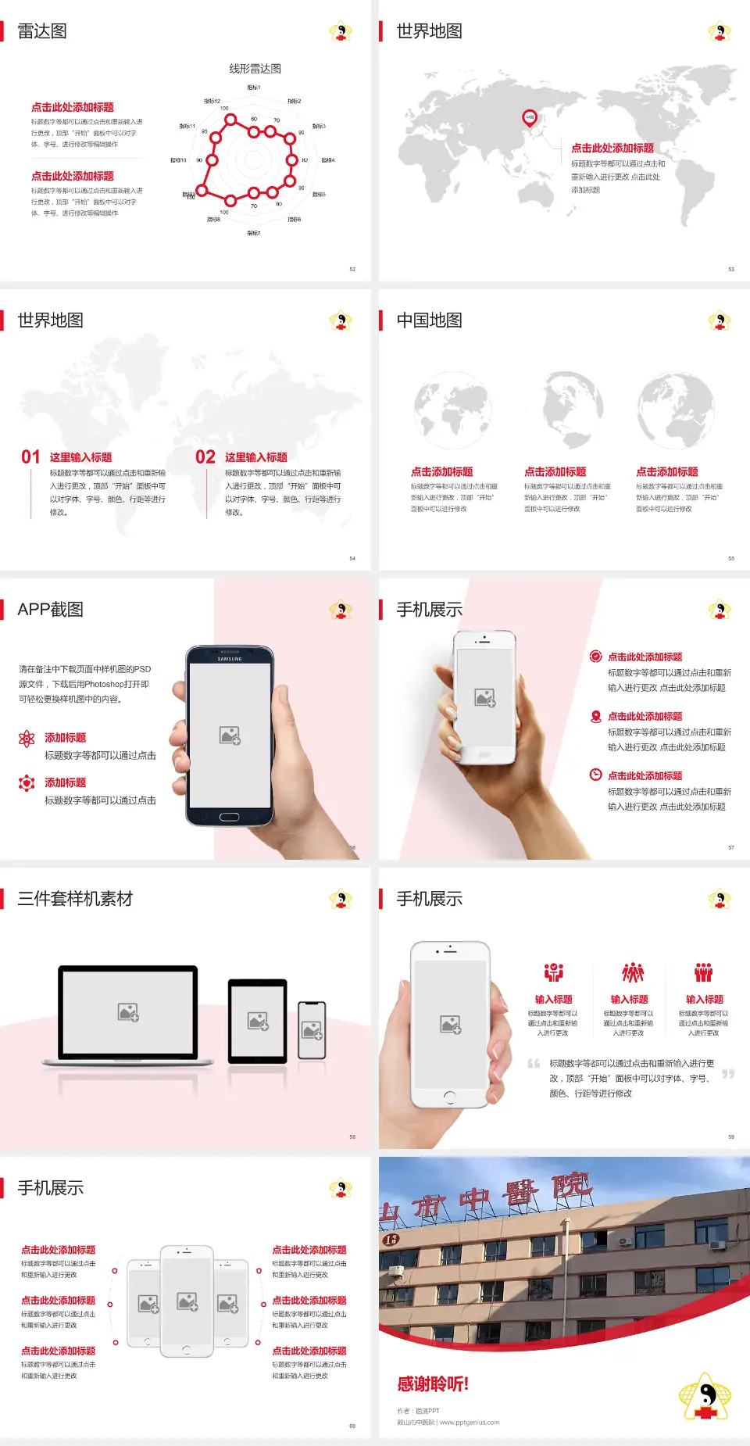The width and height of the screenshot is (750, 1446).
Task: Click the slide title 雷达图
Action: point(42,31)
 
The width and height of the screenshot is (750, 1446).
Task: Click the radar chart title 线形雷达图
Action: point(255,69)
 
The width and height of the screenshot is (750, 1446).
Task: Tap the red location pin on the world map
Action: point(529,118)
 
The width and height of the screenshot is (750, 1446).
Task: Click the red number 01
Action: point(30,457)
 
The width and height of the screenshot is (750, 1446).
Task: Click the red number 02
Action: point(205,457)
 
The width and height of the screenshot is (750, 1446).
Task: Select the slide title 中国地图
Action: point(429,320)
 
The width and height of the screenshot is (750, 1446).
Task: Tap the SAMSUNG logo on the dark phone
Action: point(230,659)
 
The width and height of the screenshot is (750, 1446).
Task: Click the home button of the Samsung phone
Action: point(229,817)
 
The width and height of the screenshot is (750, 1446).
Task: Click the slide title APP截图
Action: point(50,610)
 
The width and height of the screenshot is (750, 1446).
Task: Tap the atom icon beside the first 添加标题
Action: point(27,739)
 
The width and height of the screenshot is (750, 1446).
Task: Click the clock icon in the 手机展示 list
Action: point(595,775)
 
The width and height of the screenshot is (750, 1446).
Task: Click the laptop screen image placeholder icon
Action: point(128,1012)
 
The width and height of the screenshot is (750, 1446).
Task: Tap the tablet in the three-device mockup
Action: point(258,1020)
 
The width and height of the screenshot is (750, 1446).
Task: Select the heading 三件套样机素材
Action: point(75,899)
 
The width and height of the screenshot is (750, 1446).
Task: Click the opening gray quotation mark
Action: point(534,1064)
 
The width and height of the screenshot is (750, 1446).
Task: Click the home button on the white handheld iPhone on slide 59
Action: point(449,1097)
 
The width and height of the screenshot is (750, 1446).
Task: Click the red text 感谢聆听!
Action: point(433,1384)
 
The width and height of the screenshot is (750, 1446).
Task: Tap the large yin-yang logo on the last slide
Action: point(705,1397)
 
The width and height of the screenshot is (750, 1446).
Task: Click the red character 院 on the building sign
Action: point(570,1185)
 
